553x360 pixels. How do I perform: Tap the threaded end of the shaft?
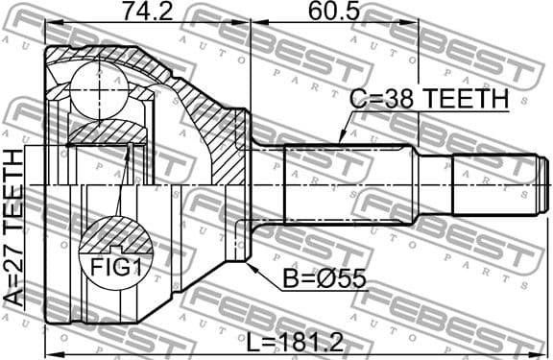coord(499,182)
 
